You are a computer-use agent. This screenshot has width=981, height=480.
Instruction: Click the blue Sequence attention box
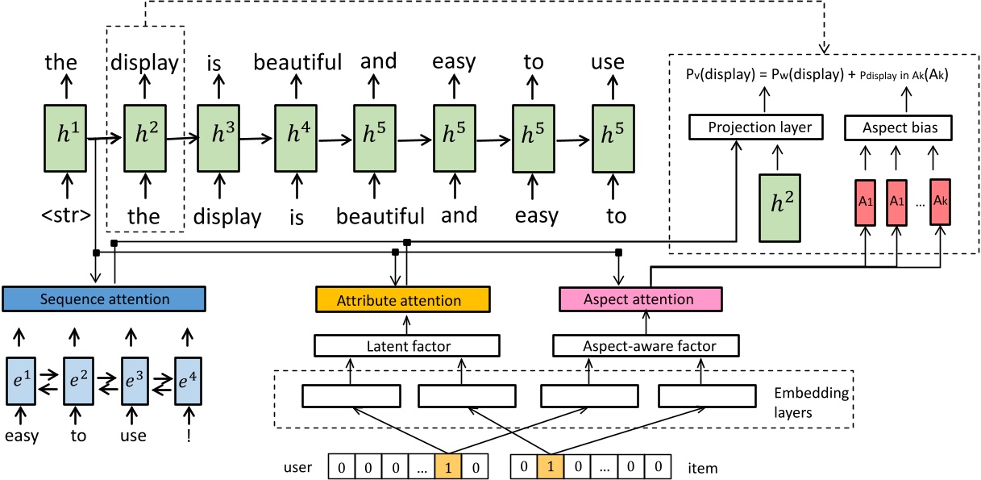point(105,299)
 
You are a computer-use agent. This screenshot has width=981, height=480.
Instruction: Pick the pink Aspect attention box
point(638,299)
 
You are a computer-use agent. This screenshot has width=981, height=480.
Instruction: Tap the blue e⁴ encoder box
point(191,378)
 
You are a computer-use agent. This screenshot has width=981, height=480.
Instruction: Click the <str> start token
point(64,216)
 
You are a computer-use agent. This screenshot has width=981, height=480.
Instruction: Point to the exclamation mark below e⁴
point(190,436)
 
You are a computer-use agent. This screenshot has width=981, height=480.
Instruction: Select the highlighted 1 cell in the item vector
point(547,465)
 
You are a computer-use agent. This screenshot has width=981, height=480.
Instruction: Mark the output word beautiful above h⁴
point(297,62)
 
